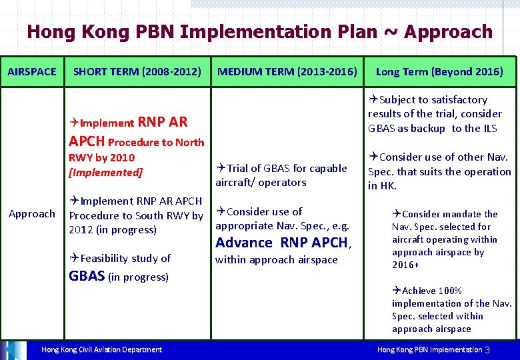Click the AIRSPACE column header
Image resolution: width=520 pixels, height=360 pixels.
pos(32,71)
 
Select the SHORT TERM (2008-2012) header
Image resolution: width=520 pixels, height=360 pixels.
pos(137,71)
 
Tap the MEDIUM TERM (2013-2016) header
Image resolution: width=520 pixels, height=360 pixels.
pos(287,71)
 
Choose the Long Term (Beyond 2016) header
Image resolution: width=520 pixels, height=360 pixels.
pos(439,71)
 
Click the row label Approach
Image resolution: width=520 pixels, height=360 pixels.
pos(32,213)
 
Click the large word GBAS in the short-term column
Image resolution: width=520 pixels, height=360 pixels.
pos(87,276)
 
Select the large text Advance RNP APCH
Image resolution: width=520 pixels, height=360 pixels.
pos(282,243)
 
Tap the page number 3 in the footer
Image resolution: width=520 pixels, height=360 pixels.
pos(487,350)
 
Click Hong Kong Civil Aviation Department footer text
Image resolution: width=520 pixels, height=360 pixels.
pos(101,349)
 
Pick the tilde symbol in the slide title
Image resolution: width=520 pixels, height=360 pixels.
pos(393,32)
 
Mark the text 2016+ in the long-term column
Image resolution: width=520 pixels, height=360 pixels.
pos(405,265)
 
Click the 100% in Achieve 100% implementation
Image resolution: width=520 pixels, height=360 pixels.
pos(450,291)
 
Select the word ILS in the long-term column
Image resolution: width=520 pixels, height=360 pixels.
pos(491,128)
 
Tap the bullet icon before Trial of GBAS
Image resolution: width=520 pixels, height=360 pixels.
pos(221,169)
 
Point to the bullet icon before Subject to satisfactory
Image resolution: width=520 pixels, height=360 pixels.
pos(373,100)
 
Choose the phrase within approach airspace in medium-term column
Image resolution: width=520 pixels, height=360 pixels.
pos(276,260)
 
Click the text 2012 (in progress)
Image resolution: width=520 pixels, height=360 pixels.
pos(113,230)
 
